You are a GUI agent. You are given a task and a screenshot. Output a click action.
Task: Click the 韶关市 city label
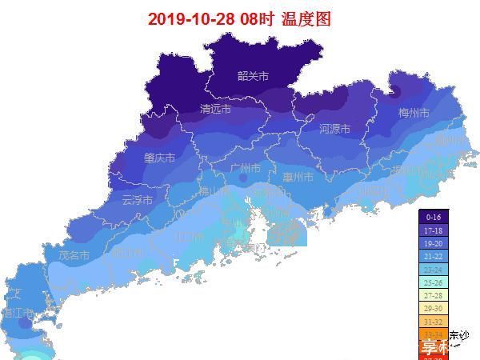tap(253, 76)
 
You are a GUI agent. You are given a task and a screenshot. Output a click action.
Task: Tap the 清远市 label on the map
tap(215, 110)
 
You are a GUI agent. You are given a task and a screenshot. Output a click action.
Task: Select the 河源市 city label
tap(334, 129)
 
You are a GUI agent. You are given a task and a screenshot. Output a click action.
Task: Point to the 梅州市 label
tap(414, 113)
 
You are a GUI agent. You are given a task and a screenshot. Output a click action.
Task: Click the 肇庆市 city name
tap(159, 158)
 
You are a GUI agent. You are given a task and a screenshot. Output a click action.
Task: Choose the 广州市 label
tap(245, 169)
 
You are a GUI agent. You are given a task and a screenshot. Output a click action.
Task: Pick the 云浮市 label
tap(137, 200)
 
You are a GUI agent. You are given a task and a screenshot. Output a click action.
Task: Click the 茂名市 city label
tap(74, 255)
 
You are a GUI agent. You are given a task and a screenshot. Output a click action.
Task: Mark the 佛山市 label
tap(214, 191)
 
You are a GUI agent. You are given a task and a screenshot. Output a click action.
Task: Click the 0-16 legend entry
tap(434, 217)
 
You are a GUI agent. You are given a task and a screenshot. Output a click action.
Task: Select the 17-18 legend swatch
tap(434, 230)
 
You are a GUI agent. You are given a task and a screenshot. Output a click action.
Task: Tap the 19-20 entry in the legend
tap(434, 242)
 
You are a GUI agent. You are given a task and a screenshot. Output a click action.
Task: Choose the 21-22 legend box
tap(434, 256)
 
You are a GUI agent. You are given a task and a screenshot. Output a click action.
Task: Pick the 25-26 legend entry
tap(434, 282)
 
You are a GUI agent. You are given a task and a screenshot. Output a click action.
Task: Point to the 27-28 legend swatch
tap(434, 295)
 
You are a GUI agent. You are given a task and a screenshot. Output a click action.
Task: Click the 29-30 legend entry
tap(434, 308)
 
